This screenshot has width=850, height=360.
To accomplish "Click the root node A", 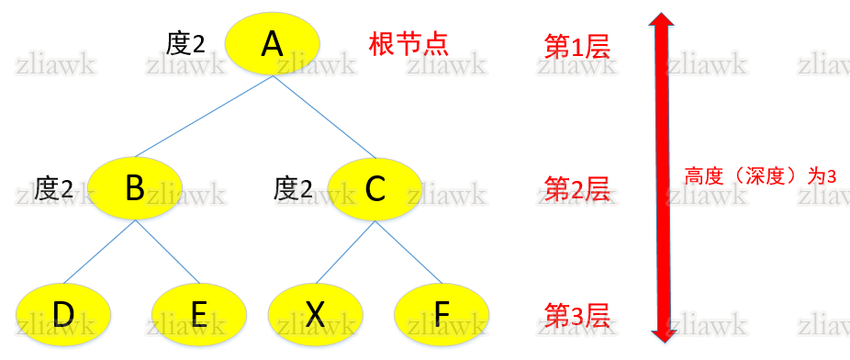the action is coord(272,44).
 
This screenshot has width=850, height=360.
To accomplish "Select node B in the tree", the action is coord(135,187).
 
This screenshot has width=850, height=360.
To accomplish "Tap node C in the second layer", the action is coord(375,188).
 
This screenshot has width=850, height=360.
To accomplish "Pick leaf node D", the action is coord(63,314).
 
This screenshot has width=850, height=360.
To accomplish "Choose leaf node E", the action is coord(198,314).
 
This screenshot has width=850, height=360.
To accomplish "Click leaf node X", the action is coord(315,314).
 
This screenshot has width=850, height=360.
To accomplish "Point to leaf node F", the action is coord(442,314).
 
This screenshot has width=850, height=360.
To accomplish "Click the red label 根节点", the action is coord(408,44).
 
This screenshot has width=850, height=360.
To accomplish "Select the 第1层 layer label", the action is coord(576,47).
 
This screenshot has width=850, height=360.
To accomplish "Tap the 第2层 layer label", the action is coord(576,189).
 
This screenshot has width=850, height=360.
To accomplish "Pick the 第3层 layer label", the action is coord(576,314).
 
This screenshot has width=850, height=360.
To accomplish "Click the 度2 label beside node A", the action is coord(185,43).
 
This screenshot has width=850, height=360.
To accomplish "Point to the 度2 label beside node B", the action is coord(53,189).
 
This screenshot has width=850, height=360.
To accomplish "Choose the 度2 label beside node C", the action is coord(293,189).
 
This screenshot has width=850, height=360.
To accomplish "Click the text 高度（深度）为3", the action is coord(759,176).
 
